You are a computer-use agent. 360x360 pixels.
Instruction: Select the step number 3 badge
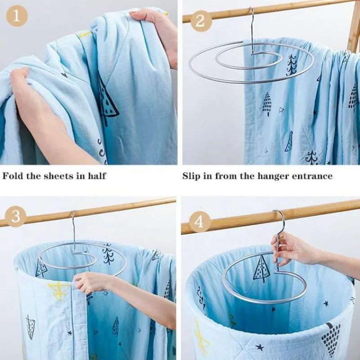16,216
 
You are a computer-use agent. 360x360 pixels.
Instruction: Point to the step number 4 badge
201,221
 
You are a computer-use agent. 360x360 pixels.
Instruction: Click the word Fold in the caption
13,175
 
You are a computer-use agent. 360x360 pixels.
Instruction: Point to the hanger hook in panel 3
73,225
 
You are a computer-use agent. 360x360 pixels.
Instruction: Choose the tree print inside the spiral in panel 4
261,269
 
